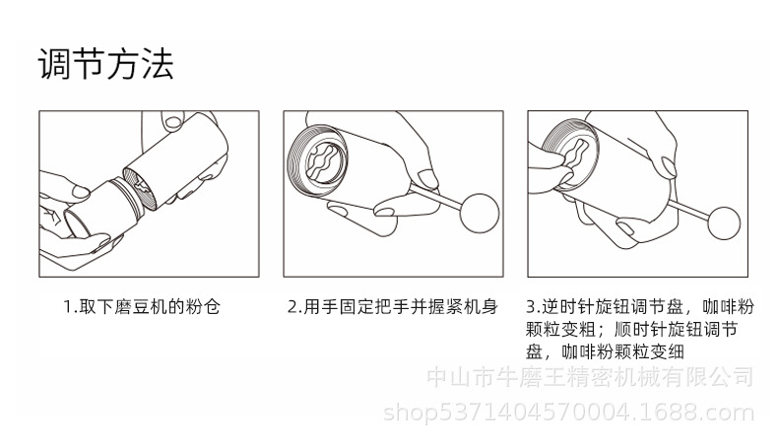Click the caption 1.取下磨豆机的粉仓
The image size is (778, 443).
(142, 306)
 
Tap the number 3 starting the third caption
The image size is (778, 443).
(531, 306)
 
